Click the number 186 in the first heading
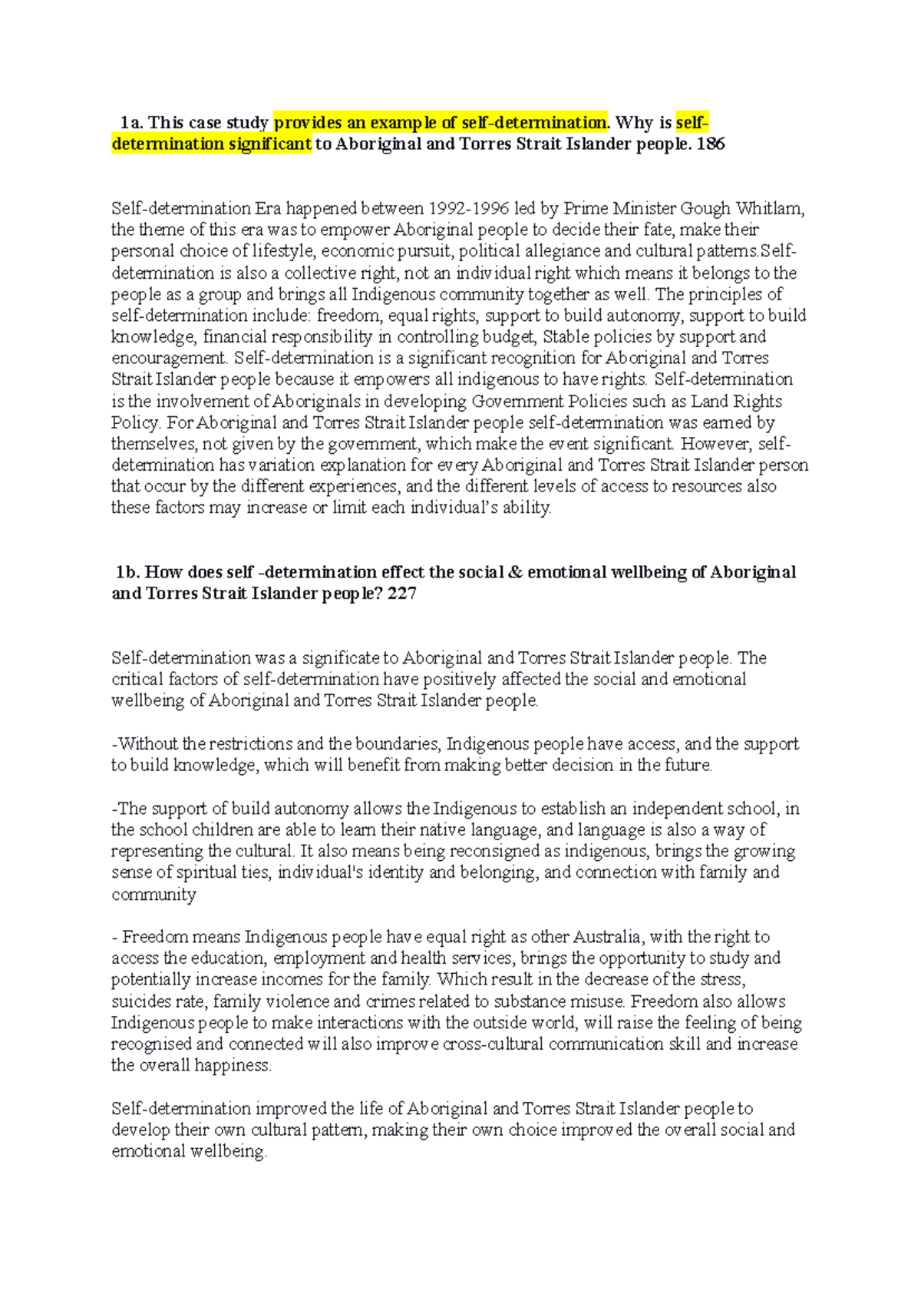pyautogui.click(x=710, y=144)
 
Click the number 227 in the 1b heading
pyautogui.click(x=402, y=594)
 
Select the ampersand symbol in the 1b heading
pyautogui.click(x=515, y=572)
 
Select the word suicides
pyautogui.click(x=140, y=1002)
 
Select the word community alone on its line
pyautogui.click(x=153, y=895)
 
